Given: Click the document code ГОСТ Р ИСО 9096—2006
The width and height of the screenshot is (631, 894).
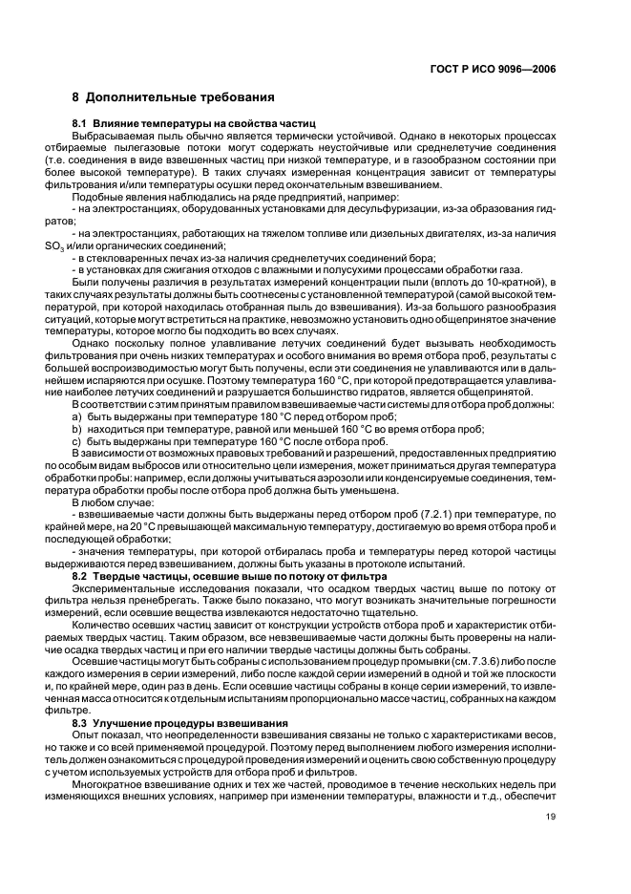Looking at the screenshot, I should click(x=495, y=70).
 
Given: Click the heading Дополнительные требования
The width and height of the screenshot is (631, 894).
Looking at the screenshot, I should click(x=180, y=97).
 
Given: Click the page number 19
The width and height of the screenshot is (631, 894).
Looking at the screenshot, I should click(x=551, y=817).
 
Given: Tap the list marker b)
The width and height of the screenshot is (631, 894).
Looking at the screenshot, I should click(x=77, y=431).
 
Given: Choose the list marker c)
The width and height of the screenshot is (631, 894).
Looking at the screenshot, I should click(x=77, y=442).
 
